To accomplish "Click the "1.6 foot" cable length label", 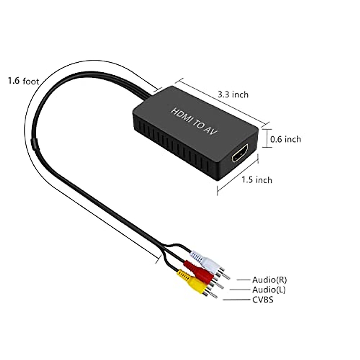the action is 23,81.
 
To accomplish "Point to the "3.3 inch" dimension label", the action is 233,95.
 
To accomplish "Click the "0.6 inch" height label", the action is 285,139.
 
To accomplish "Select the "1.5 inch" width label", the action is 257,180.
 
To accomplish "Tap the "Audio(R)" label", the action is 269,280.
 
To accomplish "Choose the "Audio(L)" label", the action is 269,290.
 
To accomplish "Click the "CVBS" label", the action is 263,299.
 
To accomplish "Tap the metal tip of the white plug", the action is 227,277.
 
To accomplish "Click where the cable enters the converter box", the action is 147,97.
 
